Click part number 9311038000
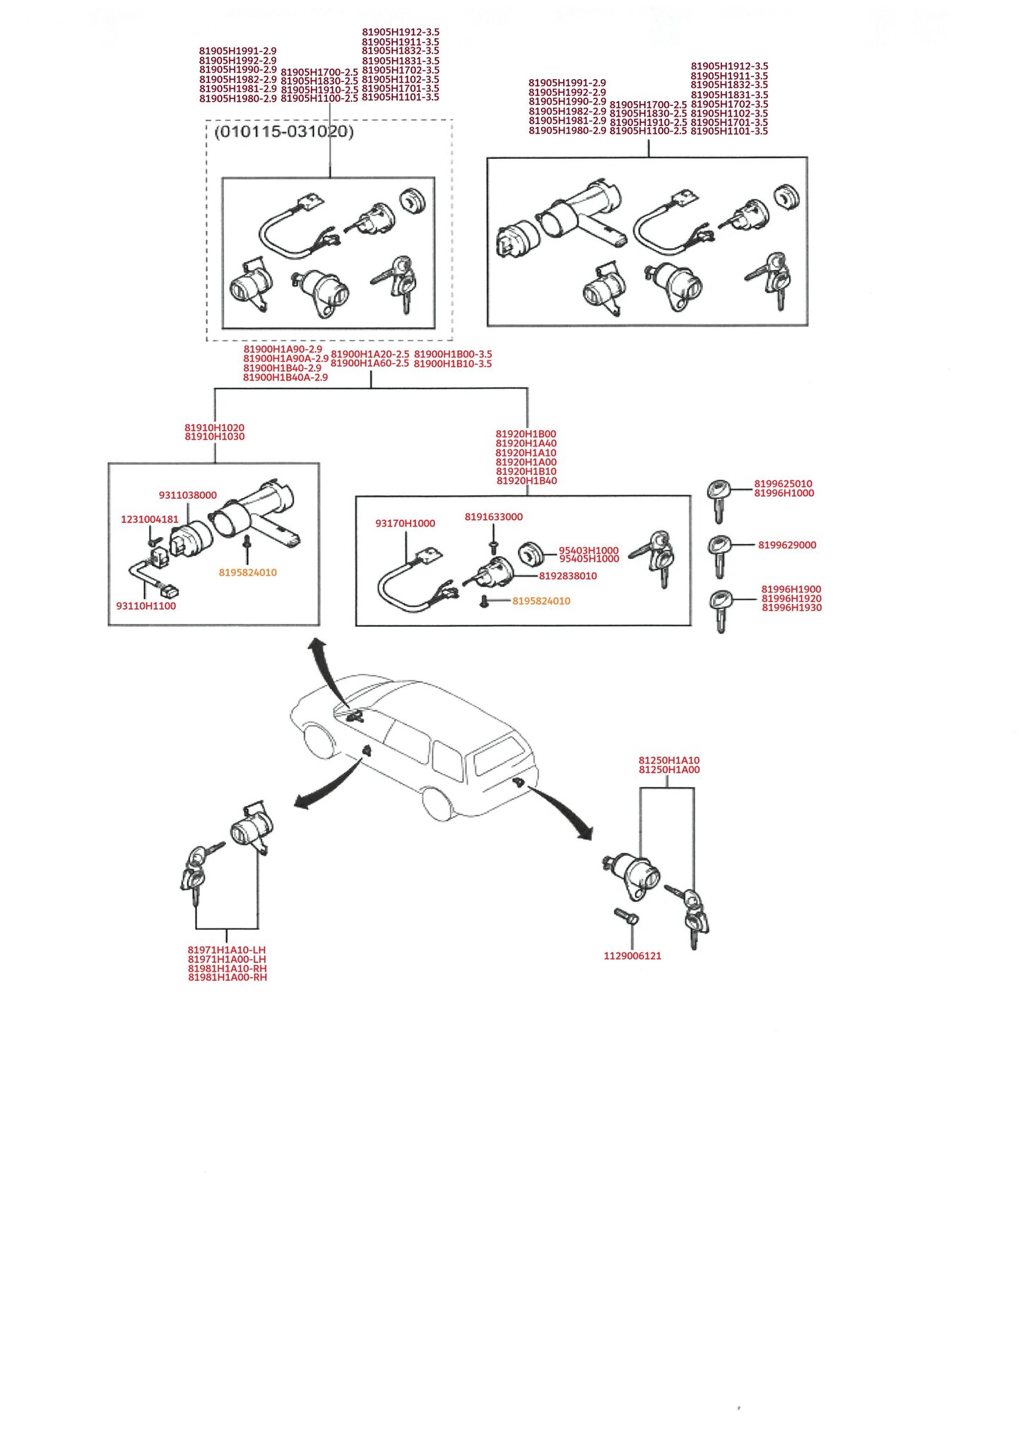[x=187, y=495]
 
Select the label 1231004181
[x=150, y=519]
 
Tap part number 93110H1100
[x=146, y=606]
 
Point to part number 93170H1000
[x=405, y=524]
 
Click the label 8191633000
[x=493, y=517]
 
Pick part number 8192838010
[x=567, y=576]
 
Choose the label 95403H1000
[x=589, y=550]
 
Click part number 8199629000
[x=787, y=545]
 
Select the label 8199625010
[x=783, y=484]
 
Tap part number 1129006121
[x=632, y=956]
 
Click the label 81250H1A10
[x=669, y=761]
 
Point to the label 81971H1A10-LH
[x=227, y=950]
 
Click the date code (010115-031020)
[x=283, y=132]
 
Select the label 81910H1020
[x=214, y=427]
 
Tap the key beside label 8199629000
[x=719, y=555]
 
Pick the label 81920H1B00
[x=526, y=434]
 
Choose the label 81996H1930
[x=791, y=608]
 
